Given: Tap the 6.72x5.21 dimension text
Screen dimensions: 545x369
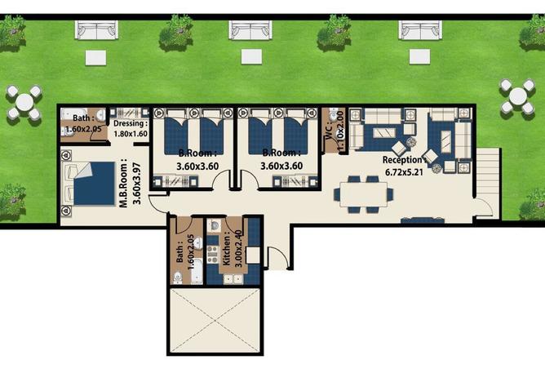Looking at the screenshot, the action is coord(404,171).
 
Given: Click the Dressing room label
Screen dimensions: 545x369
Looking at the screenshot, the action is coord(131,123).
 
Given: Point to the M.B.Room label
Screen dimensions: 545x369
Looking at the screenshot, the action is coord(124,184).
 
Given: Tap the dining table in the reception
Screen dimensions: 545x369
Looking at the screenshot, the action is coord(364,195).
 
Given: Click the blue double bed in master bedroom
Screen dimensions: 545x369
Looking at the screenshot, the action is coord(94,184).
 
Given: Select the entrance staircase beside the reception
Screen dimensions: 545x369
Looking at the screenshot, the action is coord(488,173).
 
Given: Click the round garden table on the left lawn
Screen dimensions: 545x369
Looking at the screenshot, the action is coord(24,102).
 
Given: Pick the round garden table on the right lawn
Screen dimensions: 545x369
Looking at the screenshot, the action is coord(518,96).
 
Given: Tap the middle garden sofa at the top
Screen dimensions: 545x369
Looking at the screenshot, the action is coord(250,30).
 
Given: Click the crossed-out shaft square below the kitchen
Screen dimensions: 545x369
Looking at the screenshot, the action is coord(215,320).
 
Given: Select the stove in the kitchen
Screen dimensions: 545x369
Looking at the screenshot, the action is coord(212,254).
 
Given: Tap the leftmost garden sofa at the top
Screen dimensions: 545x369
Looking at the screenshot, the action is coord(96,30).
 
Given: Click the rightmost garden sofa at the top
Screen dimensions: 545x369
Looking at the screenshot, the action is coord(420,30).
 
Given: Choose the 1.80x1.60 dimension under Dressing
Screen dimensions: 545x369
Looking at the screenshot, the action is coord(131,134).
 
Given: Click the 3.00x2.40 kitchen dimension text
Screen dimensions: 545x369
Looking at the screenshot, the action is coord(238,248).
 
